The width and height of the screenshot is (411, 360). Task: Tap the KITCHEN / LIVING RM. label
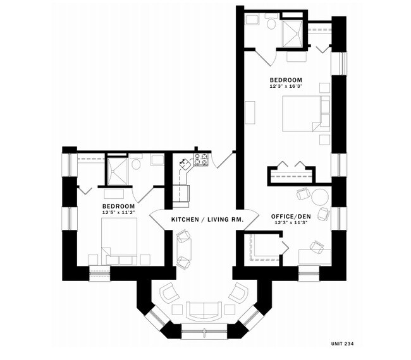pos(203,219)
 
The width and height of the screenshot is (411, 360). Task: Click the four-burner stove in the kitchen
pos(201,159)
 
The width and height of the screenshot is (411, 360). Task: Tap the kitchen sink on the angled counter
pos(186,165)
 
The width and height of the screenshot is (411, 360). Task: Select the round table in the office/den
pos(319,196)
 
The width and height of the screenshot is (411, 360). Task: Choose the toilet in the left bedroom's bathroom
pos(135,164)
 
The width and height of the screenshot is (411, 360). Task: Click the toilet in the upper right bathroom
pos(271,25)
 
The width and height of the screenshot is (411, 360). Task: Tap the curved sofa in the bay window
pos(203,309)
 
